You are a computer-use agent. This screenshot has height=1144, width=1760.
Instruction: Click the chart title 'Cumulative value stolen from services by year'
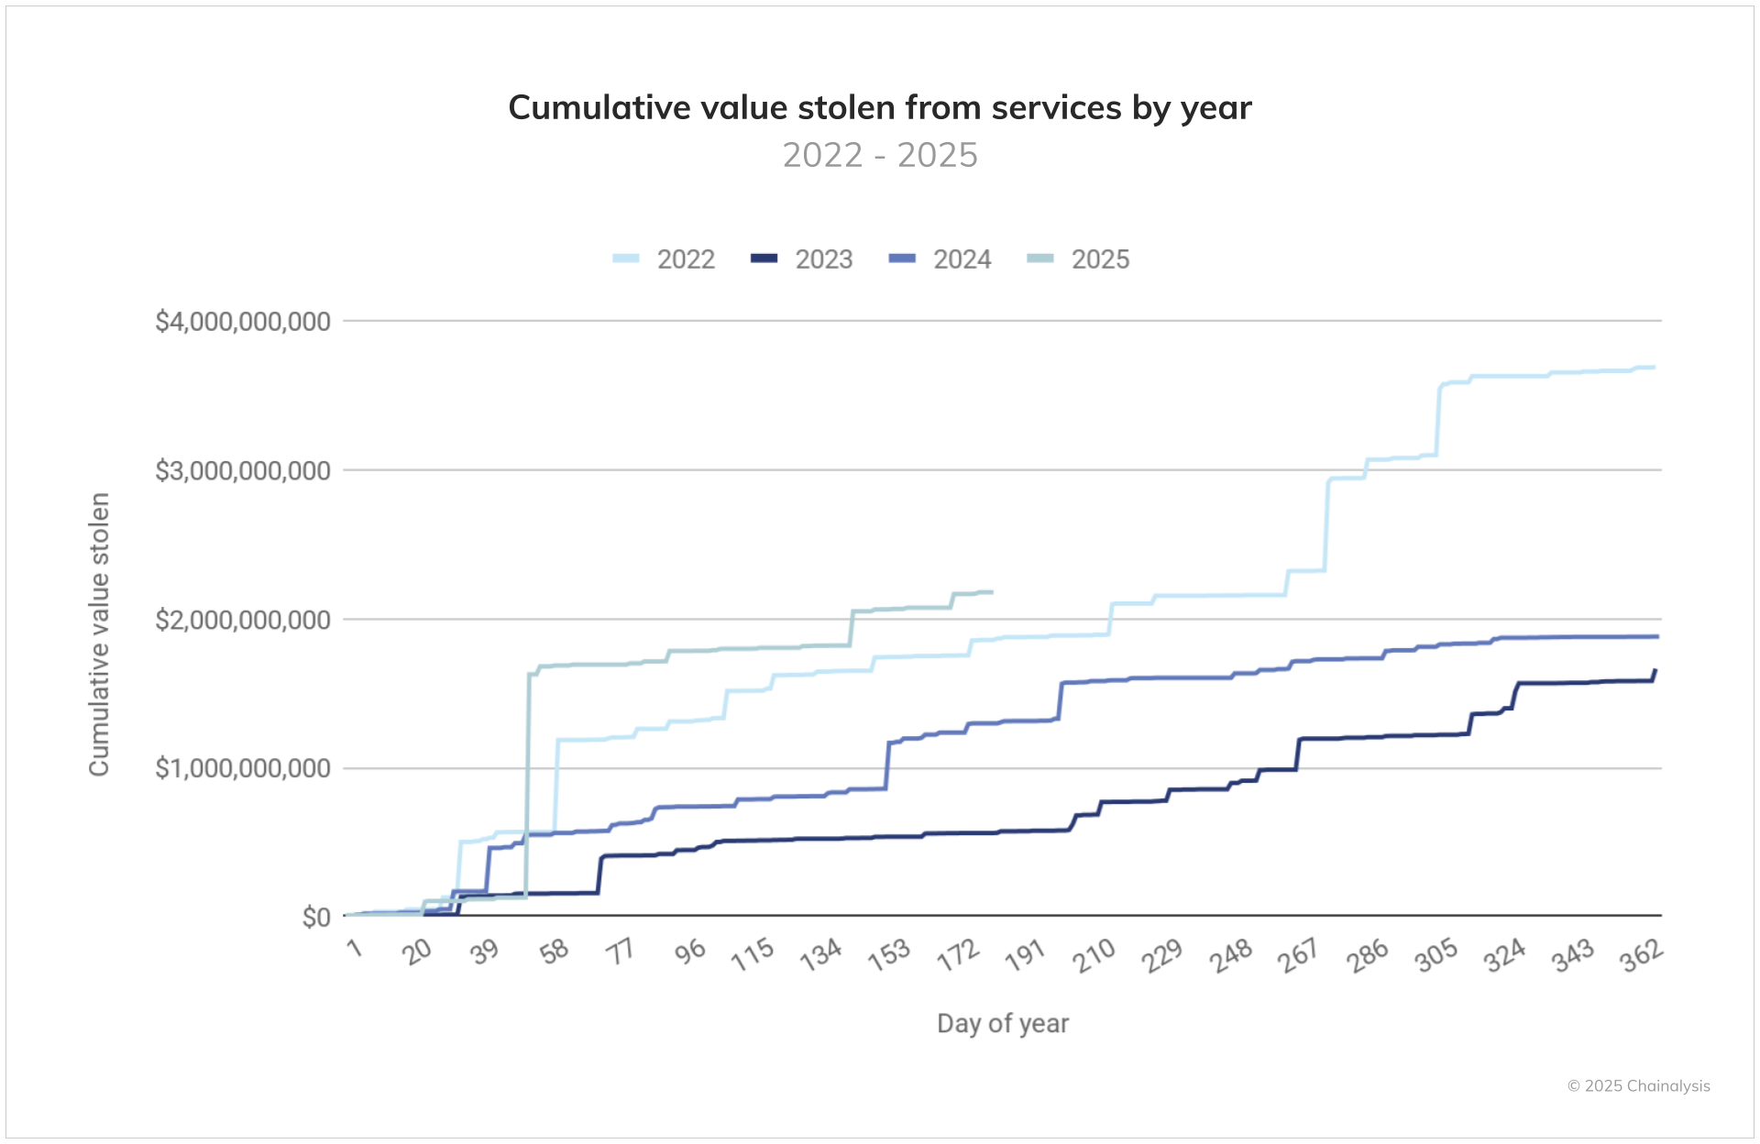pos(879,108)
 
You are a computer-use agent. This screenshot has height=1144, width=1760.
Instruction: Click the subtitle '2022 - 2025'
pos(879,155)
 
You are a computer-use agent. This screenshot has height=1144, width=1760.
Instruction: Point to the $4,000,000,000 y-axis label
pos(243,322)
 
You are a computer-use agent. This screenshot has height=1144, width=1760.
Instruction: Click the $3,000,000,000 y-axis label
pos(243,471)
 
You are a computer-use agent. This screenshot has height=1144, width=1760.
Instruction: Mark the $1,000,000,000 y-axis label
pos(243,768)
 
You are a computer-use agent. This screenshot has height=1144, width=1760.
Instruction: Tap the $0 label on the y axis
pos(316,917)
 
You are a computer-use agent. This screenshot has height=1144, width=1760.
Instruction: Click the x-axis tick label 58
pos(555,952)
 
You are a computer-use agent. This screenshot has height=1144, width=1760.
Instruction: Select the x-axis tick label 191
pos(1025,955)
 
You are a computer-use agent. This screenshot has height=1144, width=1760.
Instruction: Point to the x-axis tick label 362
pos(1641,955)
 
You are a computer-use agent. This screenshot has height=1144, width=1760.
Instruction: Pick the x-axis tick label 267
pos(1298,955)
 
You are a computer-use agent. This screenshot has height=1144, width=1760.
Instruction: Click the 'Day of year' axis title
pos(1002,1023)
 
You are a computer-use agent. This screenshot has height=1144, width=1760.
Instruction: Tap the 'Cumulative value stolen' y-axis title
pos(99,634)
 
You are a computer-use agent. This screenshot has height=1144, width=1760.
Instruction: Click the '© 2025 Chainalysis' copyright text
pos(1638,1086)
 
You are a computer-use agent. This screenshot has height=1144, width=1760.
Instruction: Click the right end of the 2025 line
pos(992,592)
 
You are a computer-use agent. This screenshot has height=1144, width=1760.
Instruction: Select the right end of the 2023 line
pos(1655,671)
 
